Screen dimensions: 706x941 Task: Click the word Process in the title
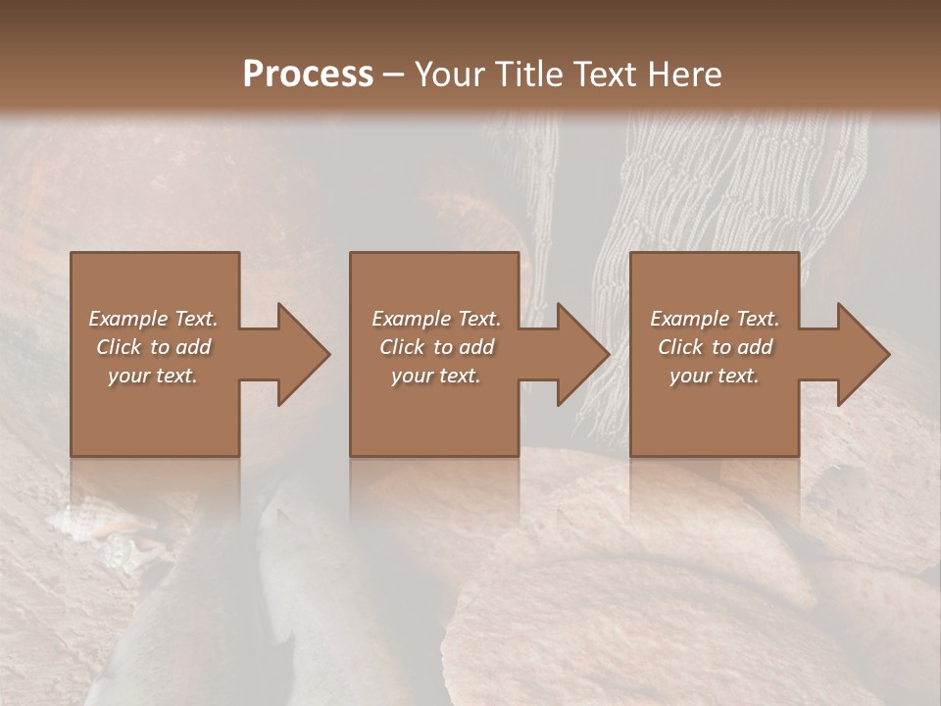click(x=308, y=75)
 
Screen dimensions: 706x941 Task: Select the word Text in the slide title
click(x=605, y=75)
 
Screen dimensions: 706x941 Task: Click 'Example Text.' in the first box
click(x=153, y=319)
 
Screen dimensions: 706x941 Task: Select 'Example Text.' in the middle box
click(x=435, y=319)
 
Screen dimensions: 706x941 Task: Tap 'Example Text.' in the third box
click(x=715, y=319)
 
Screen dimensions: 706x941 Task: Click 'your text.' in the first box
click(x=153, y=376)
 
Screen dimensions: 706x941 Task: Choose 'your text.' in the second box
click(x=435, y=376)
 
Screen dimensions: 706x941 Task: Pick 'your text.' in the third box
click(x=715, y=376)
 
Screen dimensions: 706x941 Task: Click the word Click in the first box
click(x=120, y=347)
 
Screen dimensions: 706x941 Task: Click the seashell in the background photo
click(x=93, y=519)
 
